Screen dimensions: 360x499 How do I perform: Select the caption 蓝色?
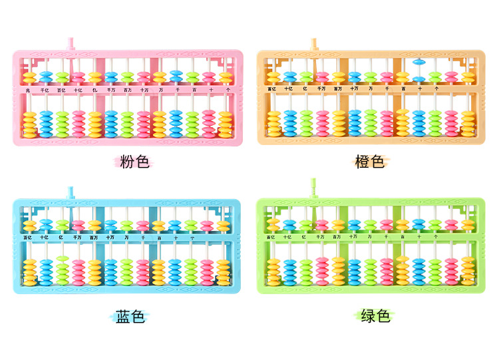130,317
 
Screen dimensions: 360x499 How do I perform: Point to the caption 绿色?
375,316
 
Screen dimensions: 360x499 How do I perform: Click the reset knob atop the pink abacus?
69,45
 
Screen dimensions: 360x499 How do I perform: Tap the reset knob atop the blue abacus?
69,193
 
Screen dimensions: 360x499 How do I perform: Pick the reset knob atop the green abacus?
313,189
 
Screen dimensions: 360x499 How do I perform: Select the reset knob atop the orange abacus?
313,45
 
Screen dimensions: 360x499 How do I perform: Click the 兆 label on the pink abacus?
29,89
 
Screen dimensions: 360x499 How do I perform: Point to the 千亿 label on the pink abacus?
45,89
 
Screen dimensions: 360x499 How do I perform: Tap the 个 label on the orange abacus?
436,88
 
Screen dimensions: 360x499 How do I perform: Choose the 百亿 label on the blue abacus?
29,237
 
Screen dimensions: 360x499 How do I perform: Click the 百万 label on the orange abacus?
337,88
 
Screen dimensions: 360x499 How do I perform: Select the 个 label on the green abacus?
436,236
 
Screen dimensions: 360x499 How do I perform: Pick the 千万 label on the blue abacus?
78,237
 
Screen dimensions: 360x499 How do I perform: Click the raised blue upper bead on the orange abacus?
419,63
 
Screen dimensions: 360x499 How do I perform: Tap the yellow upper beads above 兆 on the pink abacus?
29,77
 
